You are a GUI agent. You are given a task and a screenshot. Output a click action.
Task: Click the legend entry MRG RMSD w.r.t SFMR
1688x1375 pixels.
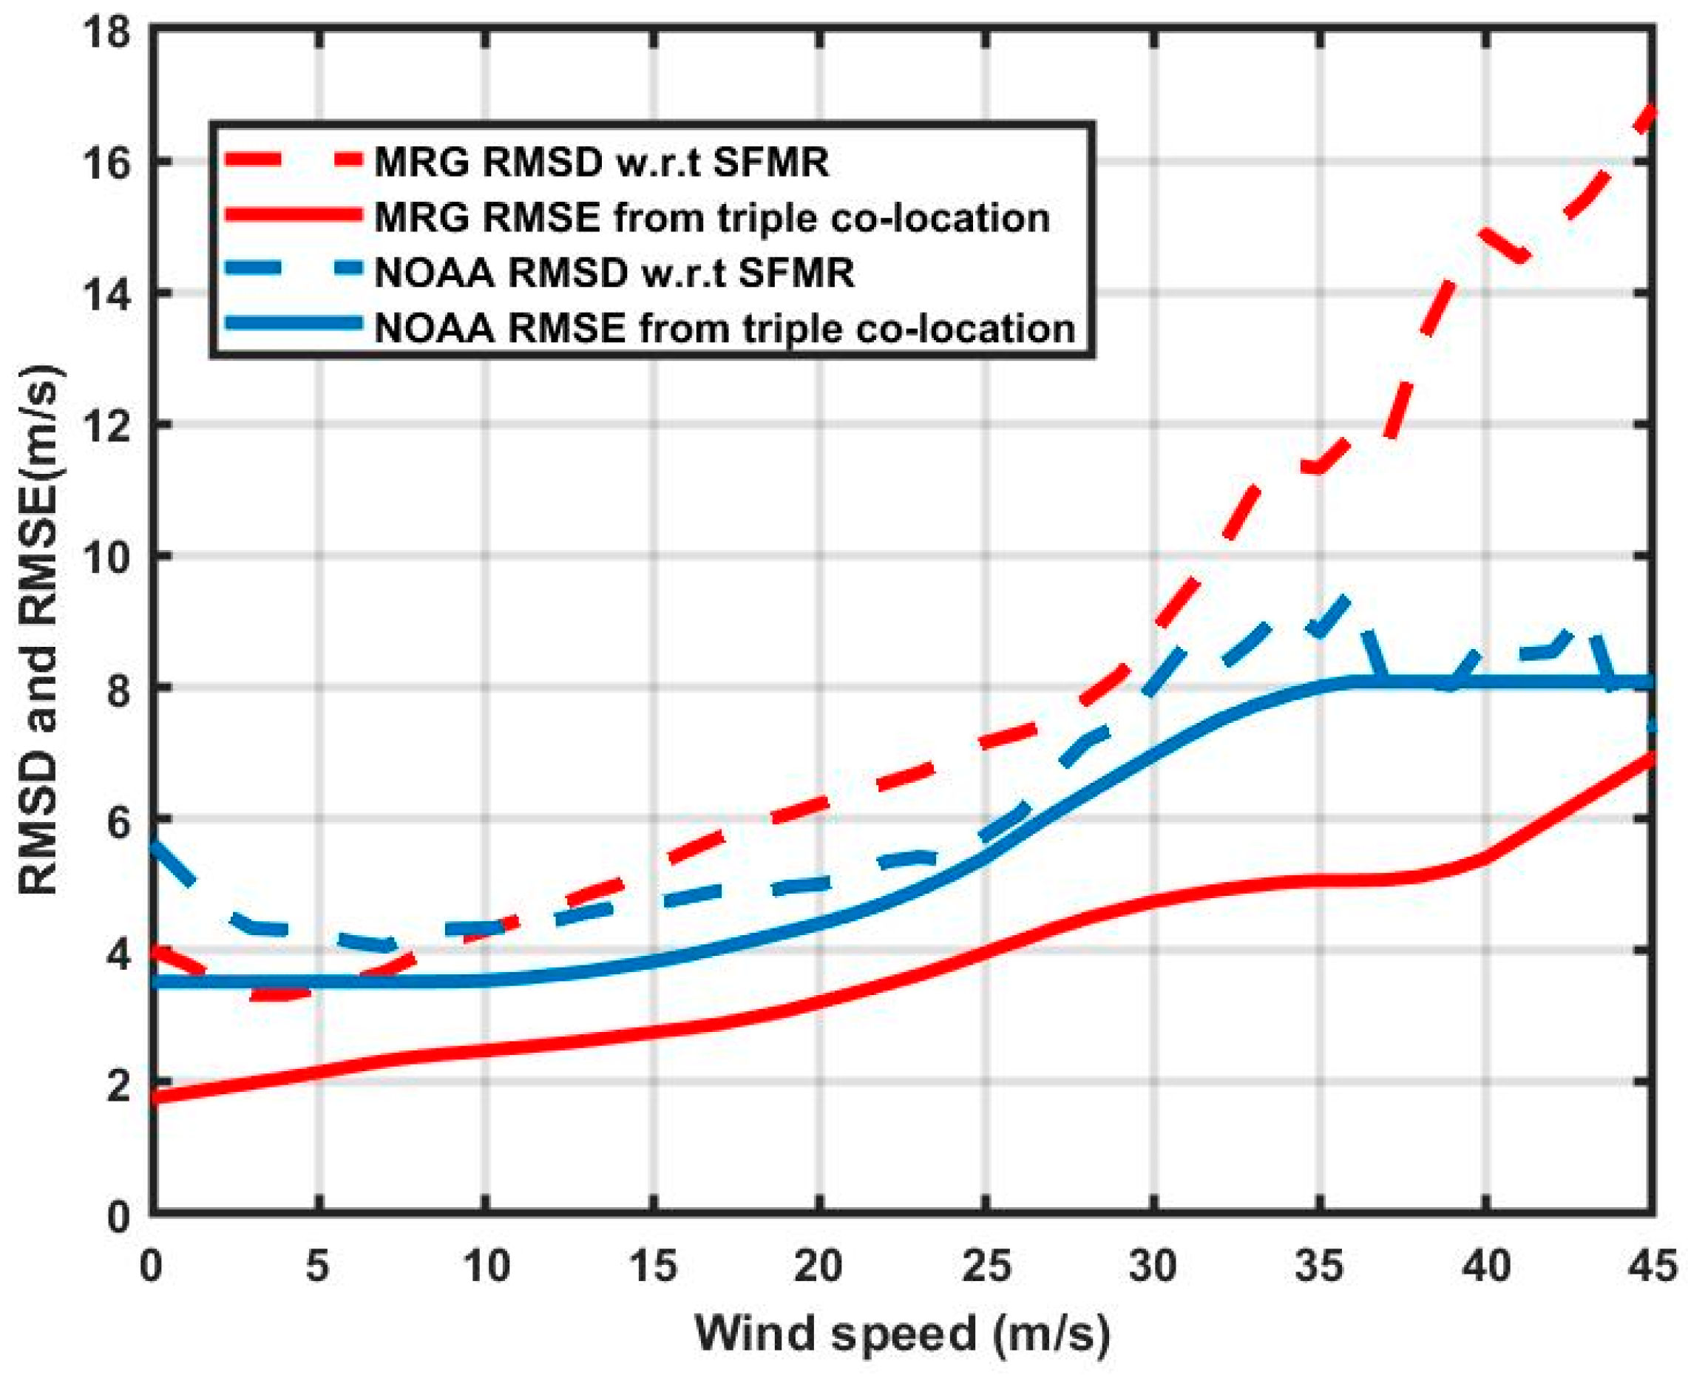601,163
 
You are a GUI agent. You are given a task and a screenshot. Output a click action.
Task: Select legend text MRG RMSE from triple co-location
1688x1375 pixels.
711,218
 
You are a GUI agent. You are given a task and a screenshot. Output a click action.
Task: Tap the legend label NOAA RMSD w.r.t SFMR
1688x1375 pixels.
614,274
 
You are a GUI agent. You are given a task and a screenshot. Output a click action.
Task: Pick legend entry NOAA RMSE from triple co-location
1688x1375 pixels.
724,329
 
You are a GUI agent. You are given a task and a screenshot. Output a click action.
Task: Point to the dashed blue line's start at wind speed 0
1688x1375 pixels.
154,845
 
